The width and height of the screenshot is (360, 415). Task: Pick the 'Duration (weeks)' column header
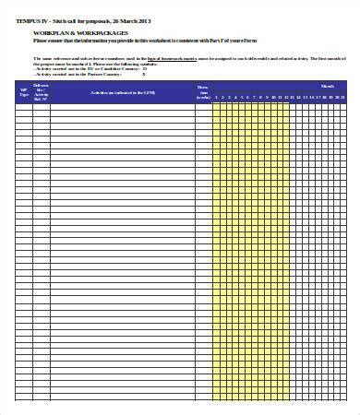point(203,90)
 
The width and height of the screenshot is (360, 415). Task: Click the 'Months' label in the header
point(328,86)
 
